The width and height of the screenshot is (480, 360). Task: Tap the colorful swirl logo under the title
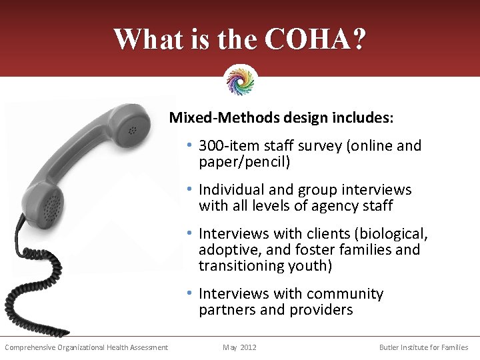[x=241, y=80]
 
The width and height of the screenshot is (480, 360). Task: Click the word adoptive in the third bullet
[x=227, y=250]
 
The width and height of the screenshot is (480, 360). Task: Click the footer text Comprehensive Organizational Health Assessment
[x=86, y=347]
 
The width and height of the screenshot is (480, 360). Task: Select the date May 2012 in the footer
[x=239, y=347]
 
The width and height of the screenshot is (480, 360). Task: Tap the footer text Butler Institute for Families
[x=423, y=347]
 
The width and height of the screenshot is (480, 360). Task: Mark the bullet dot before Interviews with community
[x=190, y=294]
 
